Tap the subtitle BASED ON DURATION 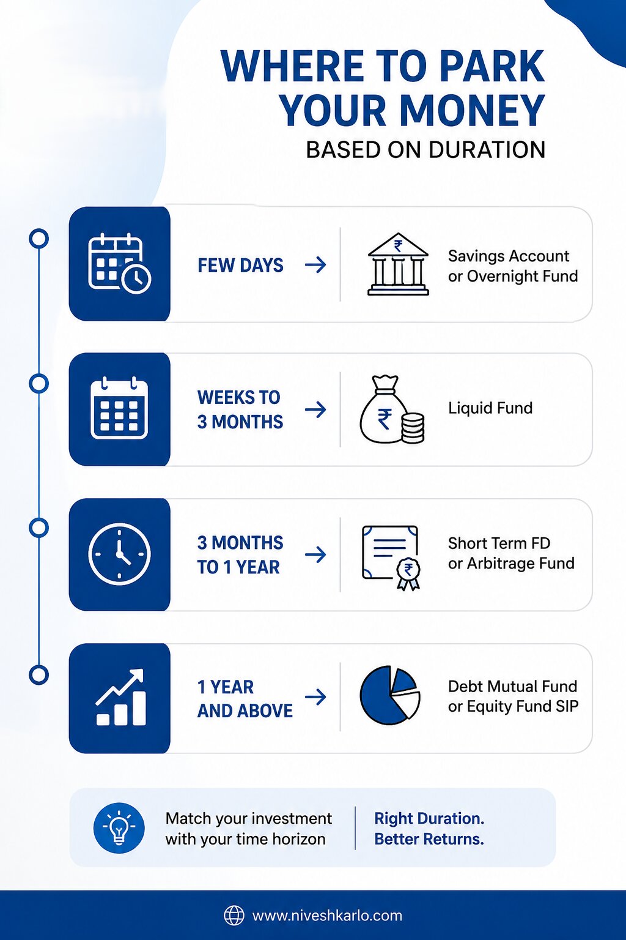pyautogui.click(x=425, y=150)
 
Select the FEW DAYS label pyautogui.click(x=240, y=265)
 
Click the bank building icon pyautogui.click(x=398, y=264)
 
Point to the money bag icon pyautogui.click(x=392, y=409)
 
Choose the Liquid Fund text pyautogui.click(x=490, y=408)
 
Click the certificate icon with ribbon pyautogui.click(x=391, y=558)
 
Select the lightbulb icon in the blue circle pyautogui.click(x=119, y=827)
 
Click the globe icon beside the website pyautogui.click(x=234, y=916)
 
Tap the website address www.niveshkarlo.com pyautogui.click(x=327, y=916)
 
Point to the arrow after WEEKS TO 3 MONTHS pyautogui.click(x=315, y=409)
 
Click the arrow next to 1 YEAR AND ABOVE pyautogui.click(x=315, y=697)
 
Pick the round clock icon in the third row pyautogui.click(x=119, y=554)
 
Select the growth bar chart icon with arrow pyautogui.click(x=121, y=697)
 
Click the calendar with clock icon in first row pyautogui.click(x=119, y=263)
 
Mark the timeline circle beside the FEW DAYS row pyautogui.click(x=39, y=238)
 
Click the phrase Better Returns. pyautogui.click(x=429, y=839)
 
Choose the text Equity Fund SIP pyautogui.click(x=523, y=707)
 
